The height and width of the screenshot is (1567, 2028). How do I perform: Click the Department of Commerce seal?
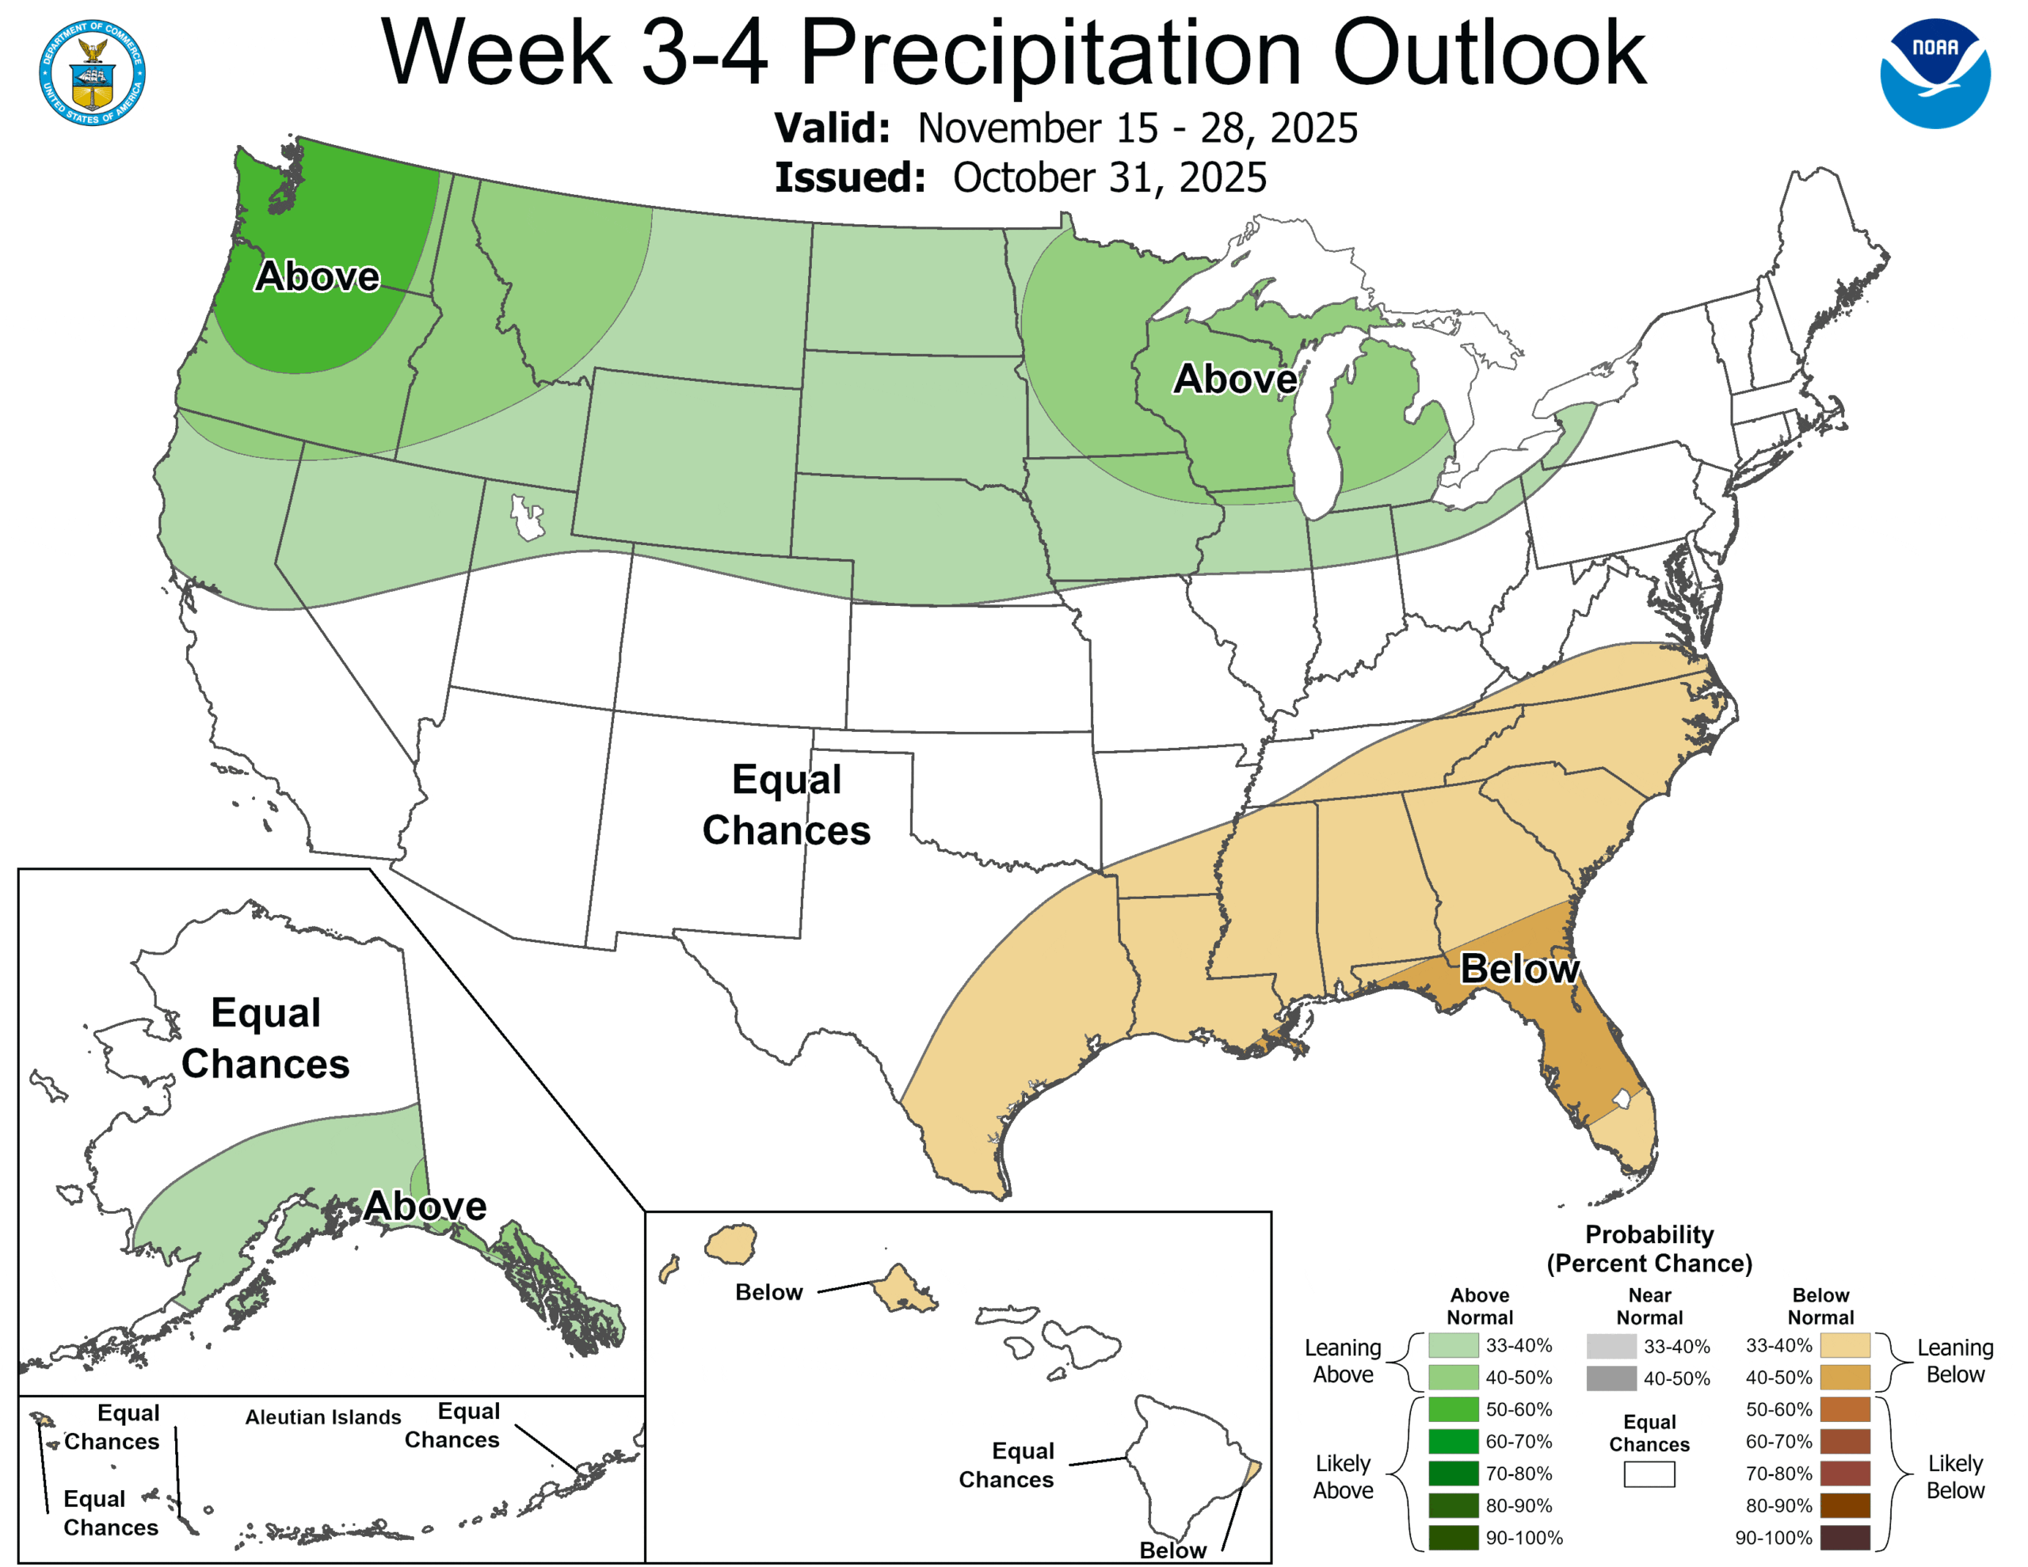[x=92, y=71]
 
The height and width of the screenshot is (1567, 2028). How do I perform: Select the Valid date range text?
[x=1137, y=128]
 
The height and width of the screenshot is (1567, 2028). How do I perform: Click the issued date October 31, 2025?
[x=1109, y=177]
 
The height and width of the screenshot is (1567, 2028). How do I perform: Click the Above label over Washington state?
[x=318, y=276]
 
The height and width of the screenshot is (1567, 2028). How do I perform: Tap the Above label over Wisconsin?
[x=1235, y=378]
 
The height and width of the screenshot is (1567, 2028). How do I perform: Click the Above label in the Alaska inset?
[x=425, y=1206]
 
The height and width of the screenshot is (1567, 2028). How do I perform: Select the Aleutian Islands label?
[x=323, y=1416]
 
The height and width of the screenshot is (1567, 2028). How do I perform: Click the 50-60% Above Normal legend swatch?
[x=1452, y=1409]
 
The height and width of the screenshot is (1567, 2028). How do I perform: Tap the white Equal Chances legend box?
[x=1649, y=1474]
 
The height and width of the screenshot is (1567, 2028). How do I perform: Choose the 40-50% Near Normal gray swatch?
[x=1611, y=1378]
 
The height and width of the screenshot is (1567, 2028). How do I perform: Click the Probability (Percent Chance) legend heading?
[x=1649, y=1249]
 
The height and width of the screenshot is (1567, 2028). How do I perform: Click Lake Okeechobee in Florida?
[x=1622, y=1100]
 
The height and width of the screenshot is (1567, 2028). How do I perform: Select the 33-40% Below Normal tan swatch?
[x=1844, y=1345]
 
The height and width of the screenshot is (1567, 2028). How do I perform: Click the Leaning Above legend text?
[x=1343, y=1360]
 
